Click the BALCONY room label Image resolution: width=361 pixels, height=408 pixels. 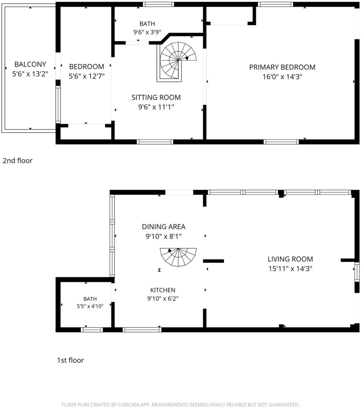pos(30,64)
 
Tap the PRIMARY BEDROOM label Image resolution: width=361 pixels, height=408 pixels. pos(282,67)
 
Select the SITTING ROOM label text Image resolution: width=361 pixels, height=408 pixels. pos(156,97)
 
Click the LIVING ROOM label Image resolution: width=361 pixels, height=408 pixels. pos(290,259)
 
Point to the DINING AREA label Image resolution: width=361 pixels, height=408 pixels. pos(163,227)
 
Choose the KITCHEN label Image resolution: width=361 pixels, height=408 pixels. pos(163,290)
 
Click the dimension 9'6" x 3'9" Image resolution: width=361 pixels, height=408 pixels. pos(147,32)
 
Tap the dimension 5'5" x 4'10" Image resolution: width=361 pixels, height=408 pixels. pos(90,306)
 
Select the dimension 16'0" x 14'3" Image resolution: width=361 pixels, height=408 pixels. pos(282,77)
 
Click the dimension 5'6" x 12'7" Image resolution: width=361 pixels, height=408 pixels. pos(86,76)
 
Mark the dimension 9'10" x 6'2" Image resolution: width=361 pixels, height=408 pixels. pos(163,298)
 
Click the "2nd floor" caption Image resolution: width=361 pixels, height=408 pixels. pos(18,161)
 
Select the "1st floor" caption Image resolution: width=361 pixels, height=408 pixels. pos(70,360)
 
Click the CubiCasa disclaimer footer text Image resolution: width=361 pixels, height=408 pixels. pos(180,405)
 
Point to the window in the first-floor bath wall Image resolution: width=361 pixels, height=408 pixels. pos(92,330)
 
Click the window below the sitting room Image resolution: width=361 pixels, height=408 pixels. pos(155,142)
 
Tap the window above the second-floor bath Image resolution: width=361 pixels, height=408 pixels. pos(158,4)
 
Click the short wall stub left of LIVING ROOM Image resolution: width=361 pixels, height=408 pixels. pos(214,261)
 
